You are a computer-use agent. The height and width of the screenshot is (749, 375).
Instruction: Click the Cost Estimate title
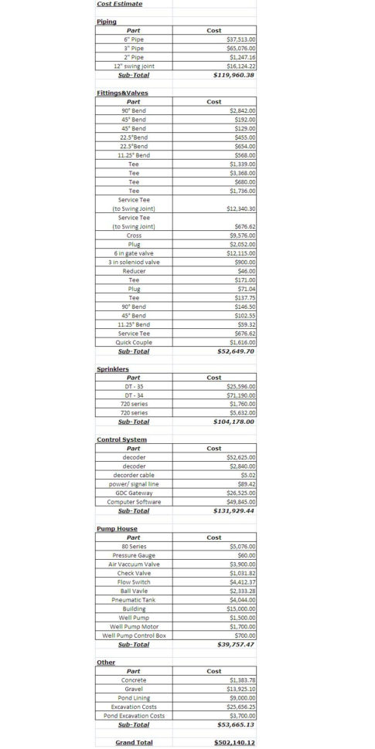[114, 4]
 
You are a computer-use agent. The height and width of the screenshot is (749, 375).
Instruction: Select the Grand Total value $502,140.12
[234, 742]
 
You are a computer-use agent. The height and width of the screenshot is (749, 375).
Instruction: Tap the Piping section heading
[107, 22]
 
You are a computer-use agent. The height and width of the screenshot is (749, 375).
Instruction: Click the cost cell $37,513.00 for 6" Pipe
[242, 39]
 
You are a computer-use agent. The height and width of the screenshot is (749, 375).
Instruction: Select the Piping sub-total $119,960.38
[234, 75]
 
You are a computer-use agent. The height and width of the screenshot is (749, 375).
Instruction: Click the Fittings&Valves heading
[122, 93]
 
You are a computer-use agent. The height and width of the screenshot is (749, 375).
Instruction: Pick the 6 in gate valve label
[134, 253]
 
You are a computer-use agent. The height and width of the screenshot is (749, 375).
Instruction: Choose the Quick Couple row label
[134, 342]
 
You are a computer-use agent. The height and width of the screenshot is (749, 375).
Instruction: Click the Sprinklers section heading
[113, 369]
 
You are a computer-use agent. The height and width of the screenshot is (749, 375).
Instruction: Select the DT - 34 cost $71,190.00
[242, 395]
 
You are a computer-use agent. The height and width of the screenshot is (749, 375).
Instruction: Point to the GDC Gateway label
[134, 493]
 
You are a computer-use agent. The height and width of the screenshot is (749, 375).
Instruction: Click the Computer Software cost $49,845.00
[242, 502]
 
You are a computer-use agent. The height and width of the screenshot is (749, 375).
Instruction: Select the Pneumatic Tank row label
[134, 600]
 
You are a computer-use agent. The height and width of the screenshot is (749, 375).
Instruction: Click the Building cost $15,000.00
[242, 608]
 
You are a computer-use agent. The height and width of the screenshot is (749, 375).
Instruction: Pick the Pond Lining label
[134, 697]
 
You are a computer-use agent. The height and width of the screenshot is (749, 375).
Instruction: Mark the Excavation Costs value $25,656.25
[242, 707]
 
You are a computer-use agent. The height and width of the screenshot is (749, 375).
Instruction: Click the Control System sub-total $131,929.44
[234, 511]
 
